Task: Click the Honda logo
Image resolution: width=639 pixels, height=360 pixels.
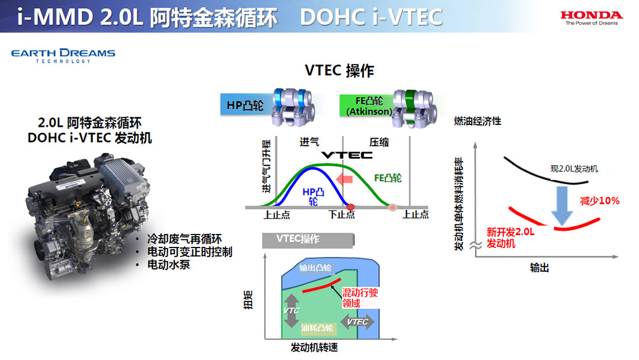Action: point(591,18)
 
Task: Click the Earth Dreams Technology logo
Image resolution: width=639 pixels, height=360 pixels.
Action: point(63,56)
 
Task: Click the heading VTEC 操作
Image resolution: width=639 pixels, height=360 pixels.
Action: point(340,70)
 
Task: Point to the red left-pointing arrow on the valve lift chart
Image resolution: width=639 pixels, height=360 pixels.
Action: point(344,179)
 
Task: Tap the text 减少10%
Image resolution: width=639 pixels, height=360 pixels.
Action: point(599,201)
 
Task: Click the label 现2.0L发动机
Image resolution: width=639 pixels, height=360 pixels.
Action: point(574,168)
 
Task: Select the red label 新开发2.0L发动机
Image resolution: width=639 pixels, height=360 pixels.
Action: point(510,237)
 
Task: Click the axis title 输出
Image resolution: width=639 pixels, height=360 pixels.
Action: point(539,268)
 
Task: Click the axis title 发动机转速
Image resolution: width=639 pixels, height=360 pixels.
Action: point(314,348)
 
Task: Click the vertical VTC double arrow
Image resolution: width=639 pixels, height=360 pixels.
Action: point(291,311)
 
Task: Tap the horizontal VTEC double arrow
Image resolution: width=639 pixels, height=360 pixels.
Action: point(357,322)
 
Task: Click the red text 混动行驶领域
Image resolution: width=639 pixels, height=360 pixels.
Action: point(360,298)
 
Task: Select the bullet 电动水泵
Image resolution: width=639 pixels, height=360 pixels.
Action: point(168,265)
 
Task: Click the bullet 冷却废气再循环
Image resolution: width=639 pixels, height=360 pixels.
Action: point(184,239)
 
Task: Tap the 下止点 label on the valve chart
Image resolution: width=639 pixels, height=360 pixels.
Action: point(341,214)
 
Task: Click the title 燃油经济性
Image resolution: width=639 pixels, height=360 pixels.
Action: point(477,121)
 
